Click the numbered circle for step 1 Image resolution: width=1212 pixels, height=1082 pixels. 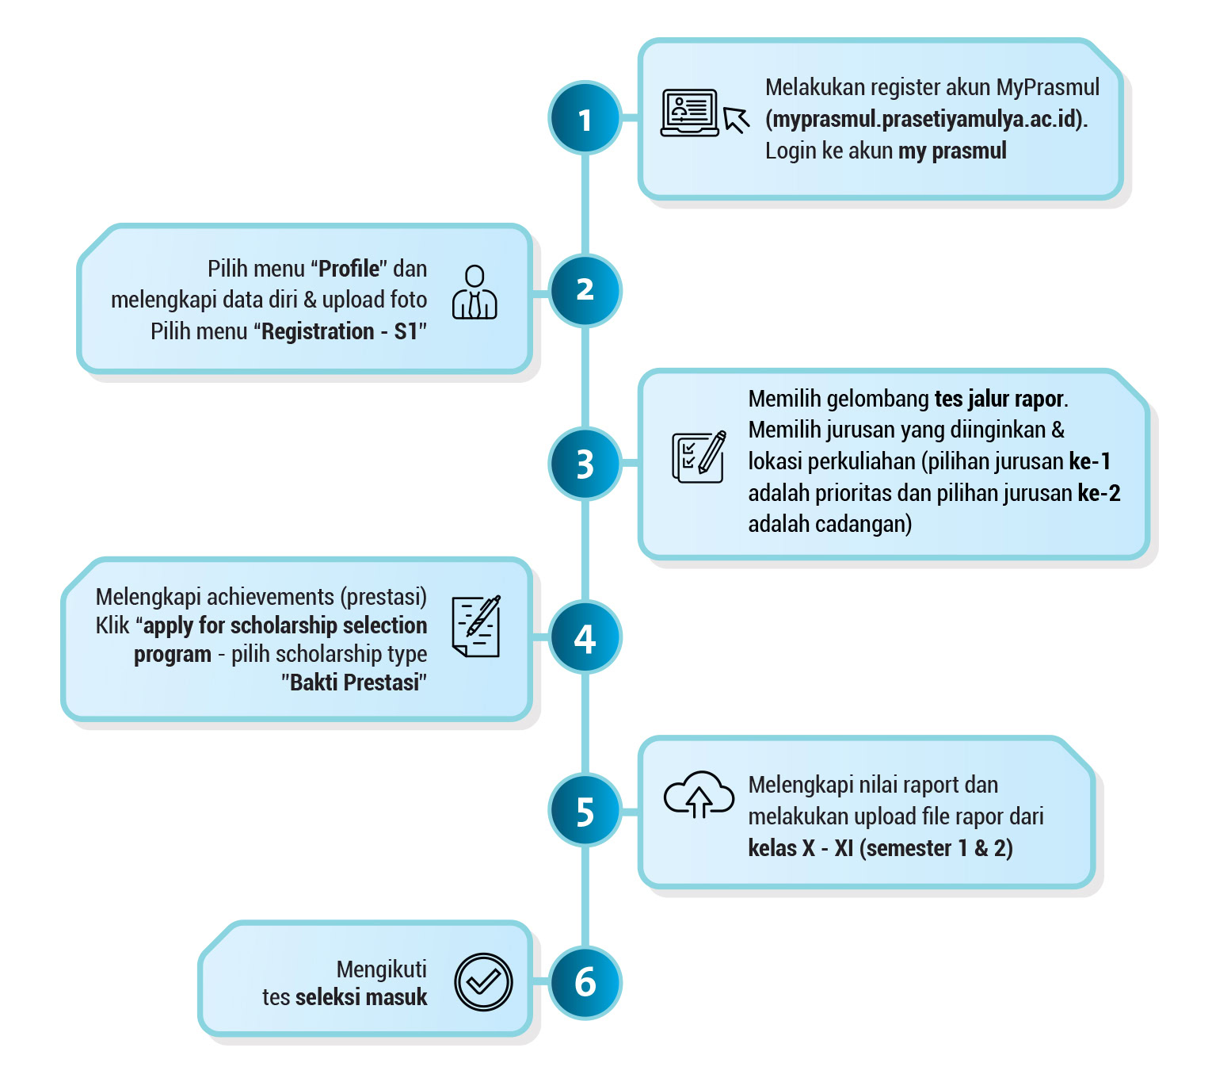585,118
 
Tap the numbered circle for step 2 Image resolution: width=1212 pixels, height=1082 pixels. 585,291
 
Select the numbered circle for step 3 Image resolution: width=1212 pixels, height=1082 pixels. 585,464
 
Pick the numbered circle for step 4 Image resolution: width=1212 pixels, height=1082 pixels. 585,637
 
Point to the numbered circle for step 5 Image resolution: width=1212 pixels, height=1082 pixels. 585,809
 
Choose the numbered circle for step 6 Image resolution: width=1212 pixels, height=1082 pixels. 585,983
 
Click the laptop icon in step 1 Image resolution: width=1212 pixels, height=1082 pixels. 689,113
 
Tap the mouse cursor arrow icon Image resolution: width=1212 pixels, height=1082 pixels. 736,120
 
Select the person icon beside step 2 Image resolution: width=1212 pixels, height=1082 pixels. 475,292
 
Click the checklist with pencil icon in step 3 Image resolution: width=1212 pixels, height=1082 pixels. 699,457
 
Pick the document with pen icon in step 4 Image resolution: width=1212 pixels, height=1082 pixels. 476,625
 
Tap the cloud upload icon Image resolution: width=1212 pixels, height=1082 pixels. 699,794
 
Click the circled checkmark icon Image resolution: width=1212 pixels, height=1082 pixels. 482,982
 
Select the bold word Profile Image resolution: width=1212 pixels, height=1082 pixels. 349,268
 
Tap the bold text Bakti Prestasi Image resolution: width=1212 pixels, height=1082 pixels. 354,682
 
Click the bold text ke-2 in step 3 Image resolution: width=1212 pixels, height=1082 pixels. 1099,493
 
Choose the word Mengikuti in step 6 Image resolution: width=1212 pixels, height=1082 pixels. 382,969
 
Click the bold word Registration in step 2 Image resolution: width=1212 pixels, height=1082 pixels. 318,331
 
